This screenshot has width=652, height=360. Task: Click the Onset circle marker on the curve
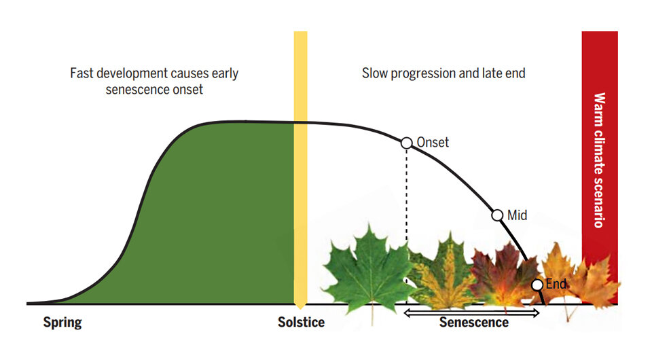coord(406,143)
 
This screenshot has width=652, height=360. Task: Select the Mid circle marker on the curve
coord(496,215)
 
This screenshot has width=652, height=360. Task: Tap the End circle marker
coord(537,285)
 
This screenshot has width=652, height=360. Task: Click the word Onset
coord(432,143)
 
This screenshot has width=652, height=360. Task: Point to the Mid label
coord(518,215)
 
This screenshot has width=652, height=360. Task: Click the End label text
coord(556,284)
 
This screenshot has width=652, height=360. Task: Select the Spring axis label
coord(62,323)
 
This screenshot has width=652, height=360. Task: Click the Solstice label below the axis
coord(301,323)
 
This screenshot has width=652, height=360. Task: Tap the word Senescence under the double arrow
coord(473,323)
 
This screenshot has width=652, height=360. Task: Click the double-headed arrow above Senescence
coord(471,312)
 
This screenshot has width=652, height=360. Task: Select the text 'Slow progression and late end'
coord(443,73)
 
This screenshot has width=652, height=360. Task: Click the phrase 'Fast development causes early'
coord(154,73)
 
